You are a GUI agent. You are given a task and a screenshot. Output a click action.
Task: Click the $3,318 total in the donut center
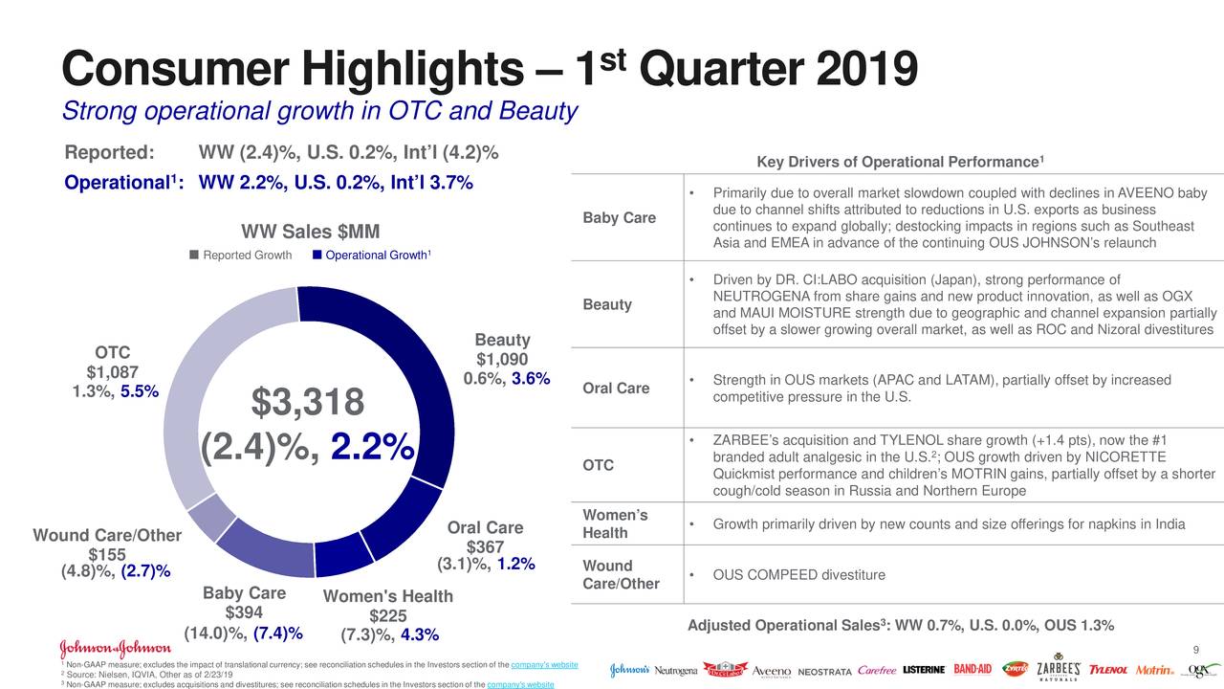(x=307, y=403)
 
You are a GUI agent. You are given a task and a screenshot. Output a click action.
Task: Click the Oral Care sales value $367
(x=485, y=546)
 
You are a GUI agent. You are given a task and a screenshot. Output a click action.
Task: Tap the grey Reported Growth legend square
(x=194, y=255)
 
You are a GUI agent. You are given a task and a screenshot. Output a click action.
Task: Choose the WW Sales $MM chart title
(x=310, y=232)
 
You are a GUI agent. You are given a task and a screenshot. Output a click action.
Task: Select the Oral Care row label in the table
(x=615, y=389)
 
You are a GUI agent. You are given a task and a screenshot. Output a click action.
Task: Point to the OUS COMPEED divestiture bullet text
(x=799, y=575)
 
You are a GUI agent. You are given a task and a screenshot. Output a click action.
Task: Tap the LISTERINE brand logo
(x=924, y=670)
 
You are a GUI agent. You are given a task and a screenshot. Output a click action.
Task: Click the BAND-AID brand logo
(x=972, y=670)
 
